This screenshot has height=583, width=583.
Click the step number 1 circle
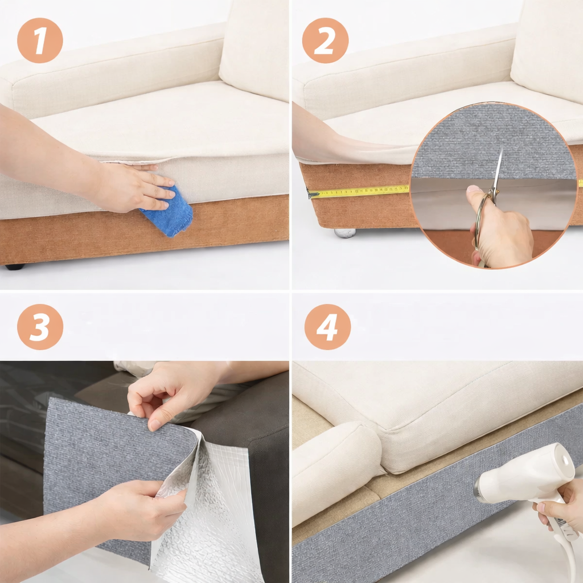click(40, 40)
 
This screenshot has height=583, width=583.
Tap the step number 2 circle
click(325, 40)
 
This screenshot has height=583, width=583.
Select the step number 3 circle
click(40, 327)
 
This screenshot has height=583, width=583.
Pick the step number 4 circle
click(327, 327)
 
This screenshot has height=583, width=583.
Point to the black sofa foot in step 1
click(15, 266)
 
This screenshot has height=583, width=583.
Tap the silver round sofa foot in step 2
click(344, 232)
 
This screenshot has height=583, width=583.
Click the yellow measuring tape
click(359, 191)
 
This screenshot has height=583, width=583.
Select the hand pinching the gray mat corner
click(171, 393)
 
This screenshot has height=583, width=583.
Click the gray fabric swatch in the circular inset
click(493, 137)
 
